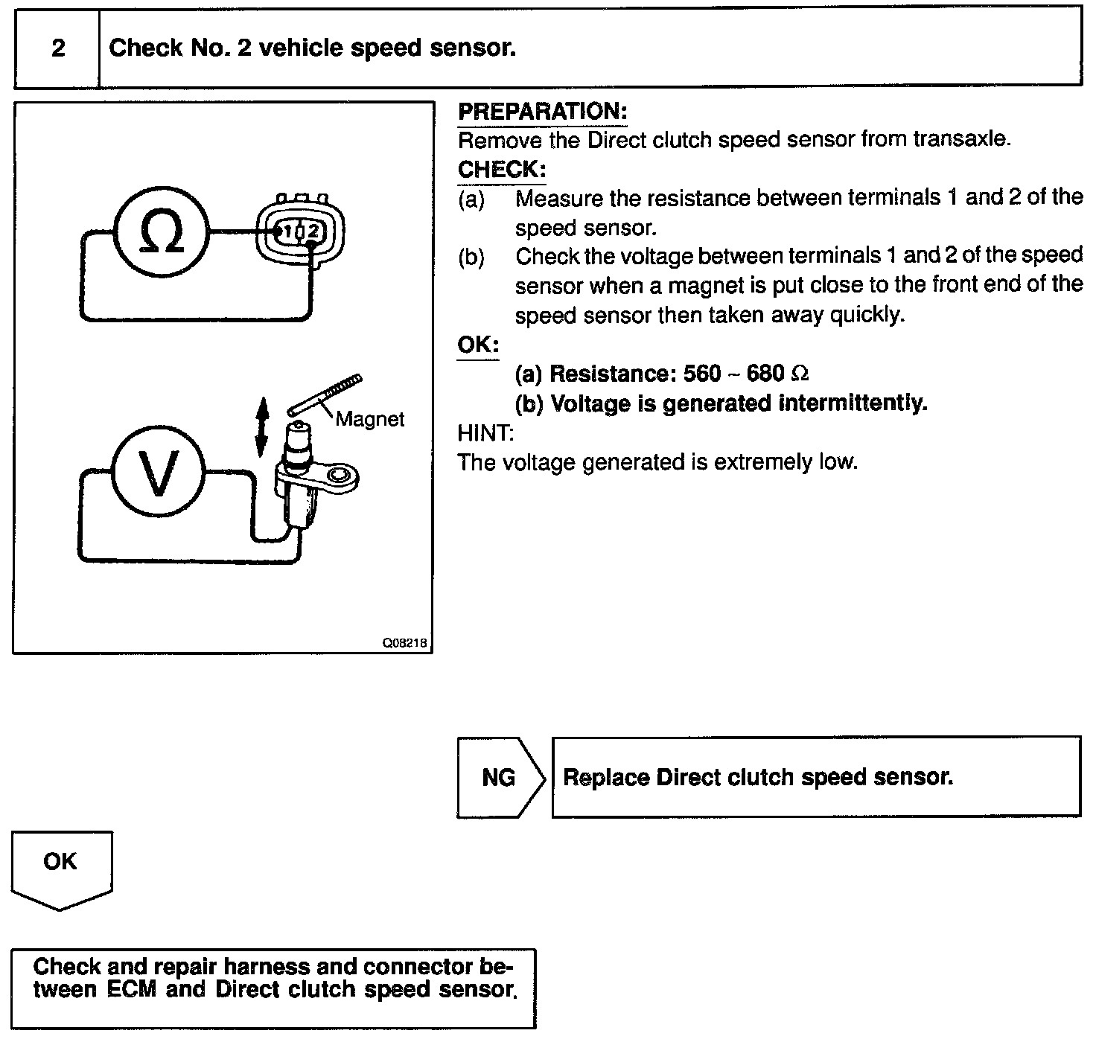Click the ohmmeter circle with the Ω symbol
[x=162, y=231]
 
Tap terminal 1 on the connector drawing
[x=286, y=231]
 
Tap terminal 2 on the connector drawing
[x=312, y=231]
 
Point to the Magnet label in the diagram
[x=370, y=419]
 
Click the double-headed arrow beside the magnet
[x=261, y=426]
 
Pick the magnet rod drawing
[x=325, y=394]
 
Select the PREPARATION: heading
[x=543, y=112]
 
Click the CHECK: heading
[x=502, y=170]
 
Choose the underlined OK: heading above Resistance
[x=477, y=345]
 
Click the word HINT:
[x=485, y=432]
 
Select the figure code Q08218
[x=406, y=644]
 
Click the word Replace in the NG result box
[x=606, y=778]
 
